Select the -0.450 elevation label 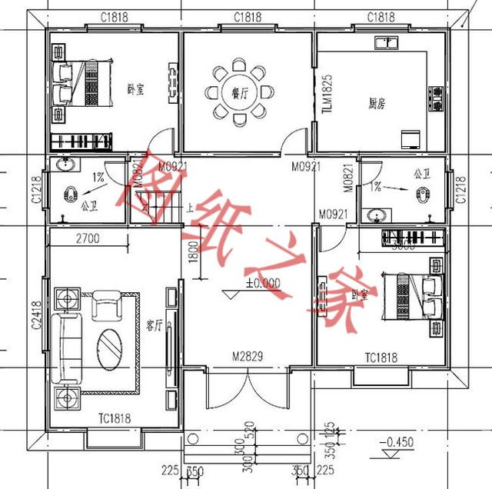click(398, 442)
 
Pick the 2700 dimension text click(88, 239)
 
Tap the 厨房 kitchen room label click(376, 102)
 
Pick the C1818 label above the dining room click(246, 17)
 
